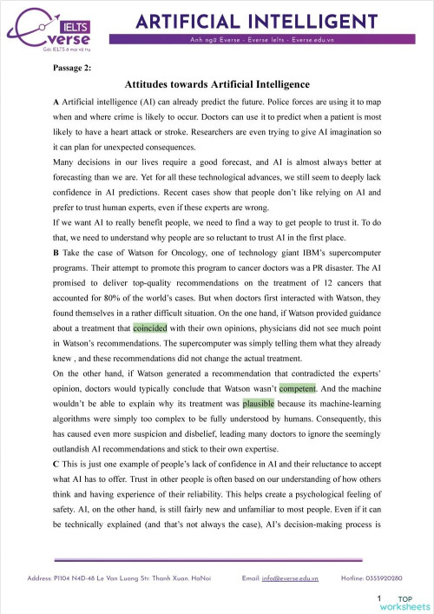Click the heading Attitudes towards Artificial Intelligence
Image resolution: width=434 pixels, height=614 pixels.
(x=217, y=84)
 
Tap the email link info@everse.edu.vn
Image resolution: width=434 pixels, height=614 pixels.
(x=291, y=577)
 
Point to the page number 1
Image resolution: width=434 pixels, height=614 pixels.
(x=380, y=599)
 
